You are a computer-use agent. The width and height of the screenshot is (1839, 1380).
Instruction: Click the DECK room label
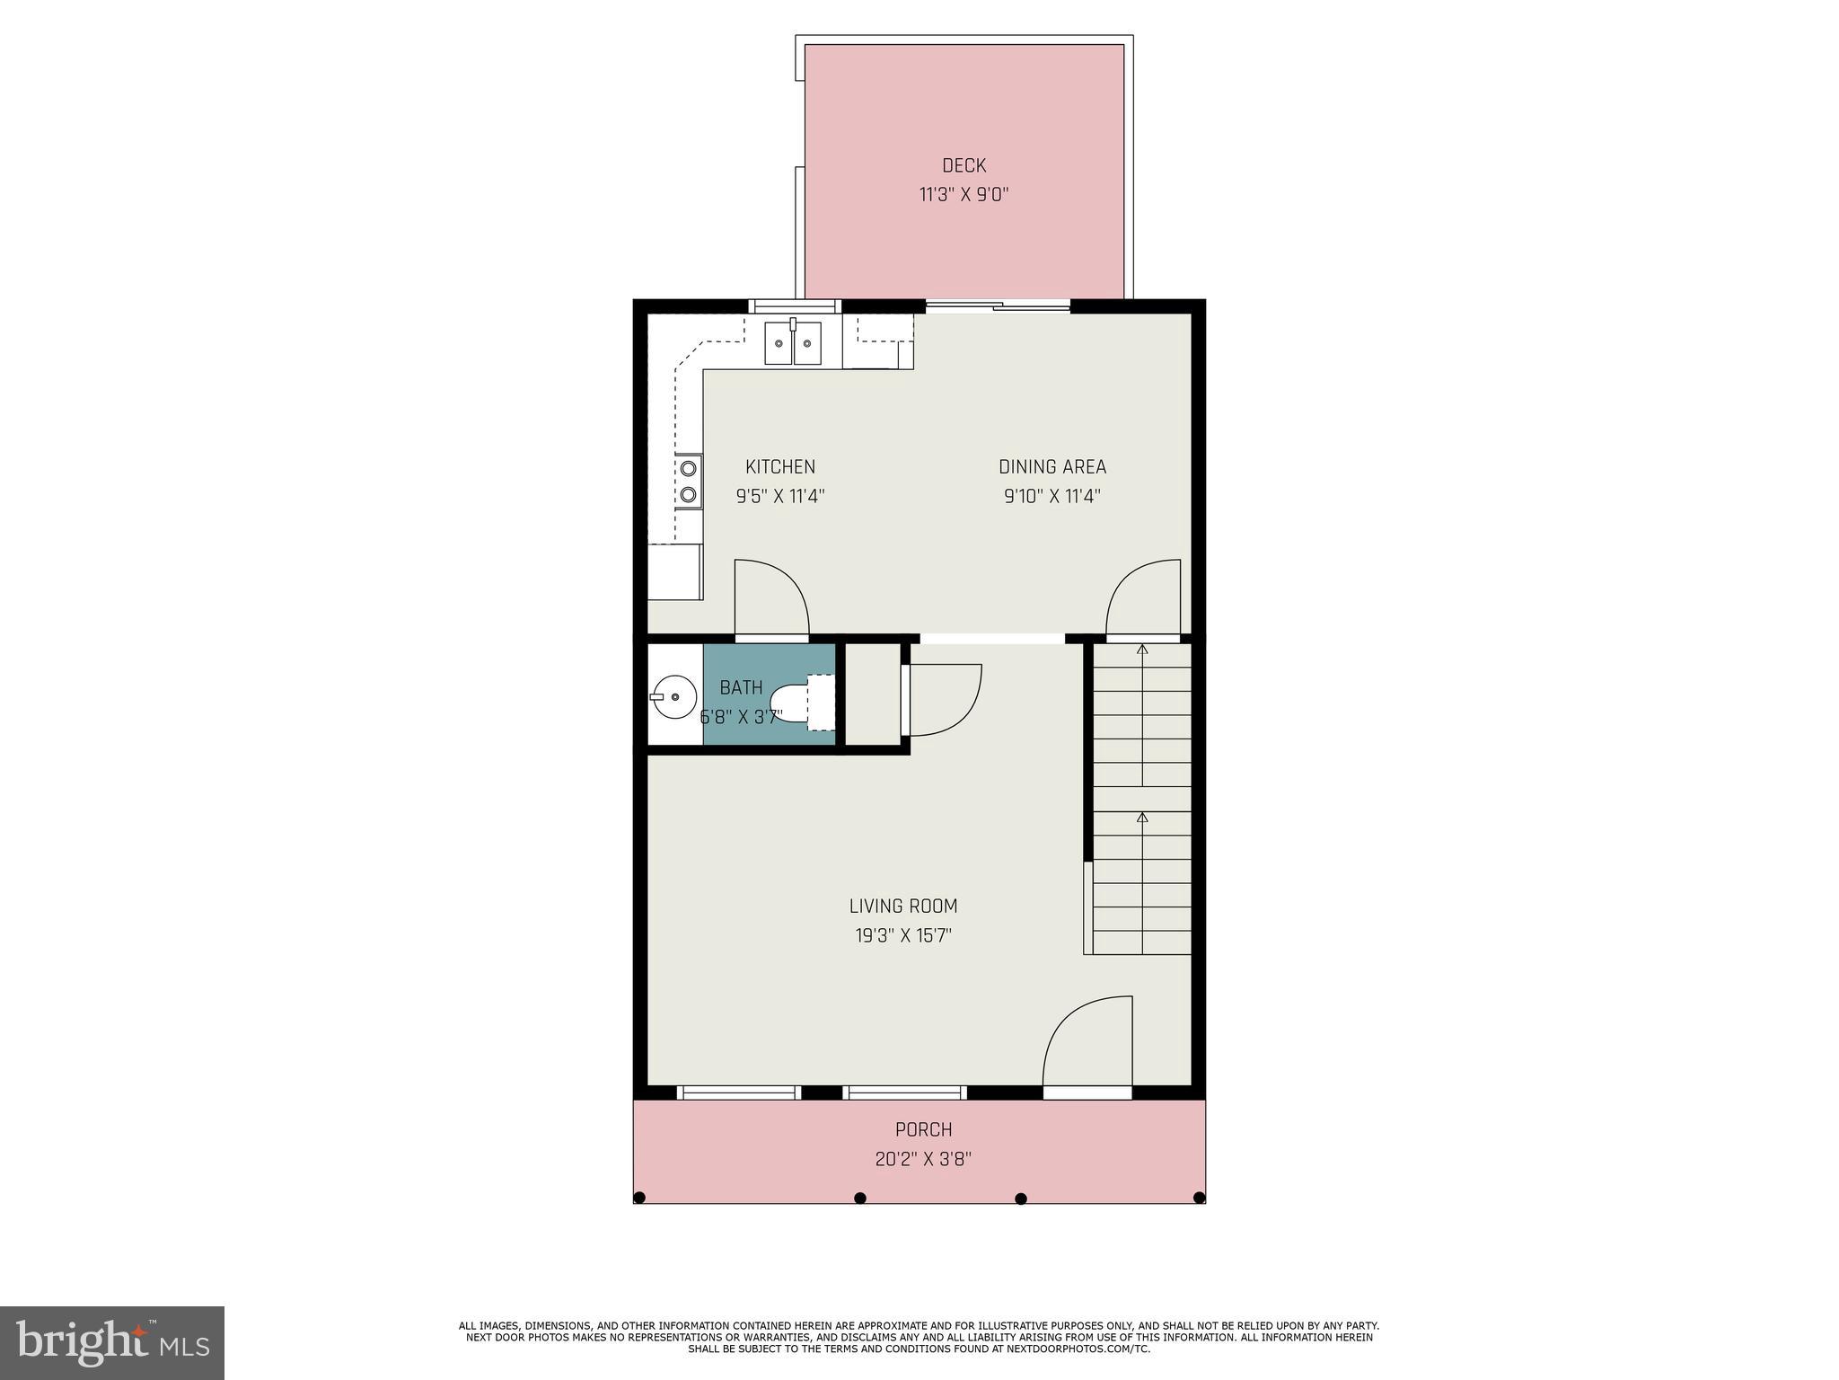(963, 165)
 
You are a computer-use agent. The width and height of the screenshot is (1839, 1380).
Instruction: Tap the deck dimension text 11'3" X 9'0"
(963, 195)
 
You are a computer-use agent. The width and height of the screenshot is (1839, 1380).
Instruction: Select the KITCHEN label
(780, 466)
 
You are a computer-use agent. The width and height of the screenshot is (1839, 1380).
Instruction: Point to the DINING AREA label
(1051, 466)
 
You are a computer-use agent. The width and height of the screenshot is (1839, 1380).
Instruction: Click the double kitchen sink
(793, 343)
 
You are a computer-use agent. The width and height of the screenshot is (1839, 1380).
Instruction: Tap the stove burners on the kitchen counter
(689, 481)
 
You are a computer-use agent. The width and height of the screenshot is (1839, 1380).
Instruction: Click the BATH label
(741, 687)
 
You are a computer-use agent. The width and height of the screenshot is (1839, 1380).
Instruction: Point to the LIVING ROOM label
(902, 906)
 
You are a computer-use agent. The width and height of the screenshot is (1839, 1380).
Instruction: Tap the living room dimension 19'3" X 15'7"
(902, 935)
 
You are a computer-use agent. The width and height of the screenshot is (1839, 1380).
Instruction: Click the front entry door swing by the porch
(1088, 1042)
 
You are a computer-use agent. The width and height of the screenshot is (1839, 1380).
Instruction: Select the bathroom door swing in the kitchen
(770, 597)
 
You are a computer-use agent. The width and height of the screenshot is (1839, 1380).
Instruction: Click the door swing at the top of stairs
(1144, 597)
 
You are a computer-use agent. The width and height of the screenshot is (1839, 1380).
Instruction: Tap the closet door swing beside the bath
(943, 699)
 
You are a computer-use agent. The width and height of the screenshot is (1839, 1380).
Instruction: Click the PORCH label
(923, 1129)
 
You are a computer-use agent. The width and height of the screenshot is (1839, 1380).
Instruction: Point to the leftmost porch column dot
(639, 1198)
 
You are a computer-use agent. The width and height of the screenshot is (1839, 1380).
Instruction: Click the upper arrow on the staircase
(1142, 648)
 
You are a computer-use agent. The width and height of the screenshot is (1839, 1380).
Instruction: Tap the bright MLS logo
(112, 1342)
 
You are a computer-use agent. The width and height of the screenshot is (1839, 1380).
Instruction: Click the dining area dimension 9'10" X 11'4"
(1051, 496)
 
